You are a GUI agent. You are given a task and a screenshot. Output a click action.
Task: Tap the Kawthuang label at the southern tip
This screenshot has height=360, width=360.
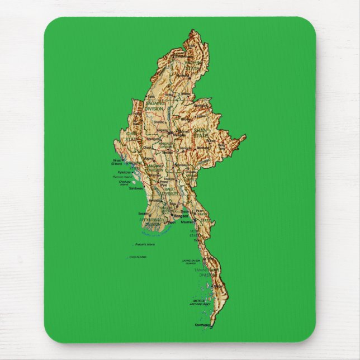click(202, 325)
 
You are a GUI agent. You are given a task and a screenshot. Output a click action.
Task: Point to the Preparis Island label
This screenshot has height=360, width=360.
click(144, 244)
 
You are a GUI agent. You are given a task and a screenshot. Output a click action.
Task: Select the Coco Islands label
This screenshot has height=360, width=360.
click(137, 257)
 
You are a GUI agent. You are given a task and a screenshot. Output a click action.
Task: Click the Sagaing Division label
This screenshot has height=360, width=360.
click(155, 106)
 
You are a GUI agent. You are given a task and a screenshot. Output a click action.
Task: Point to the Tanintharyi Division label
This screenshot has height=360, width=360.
click(205, 272)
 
